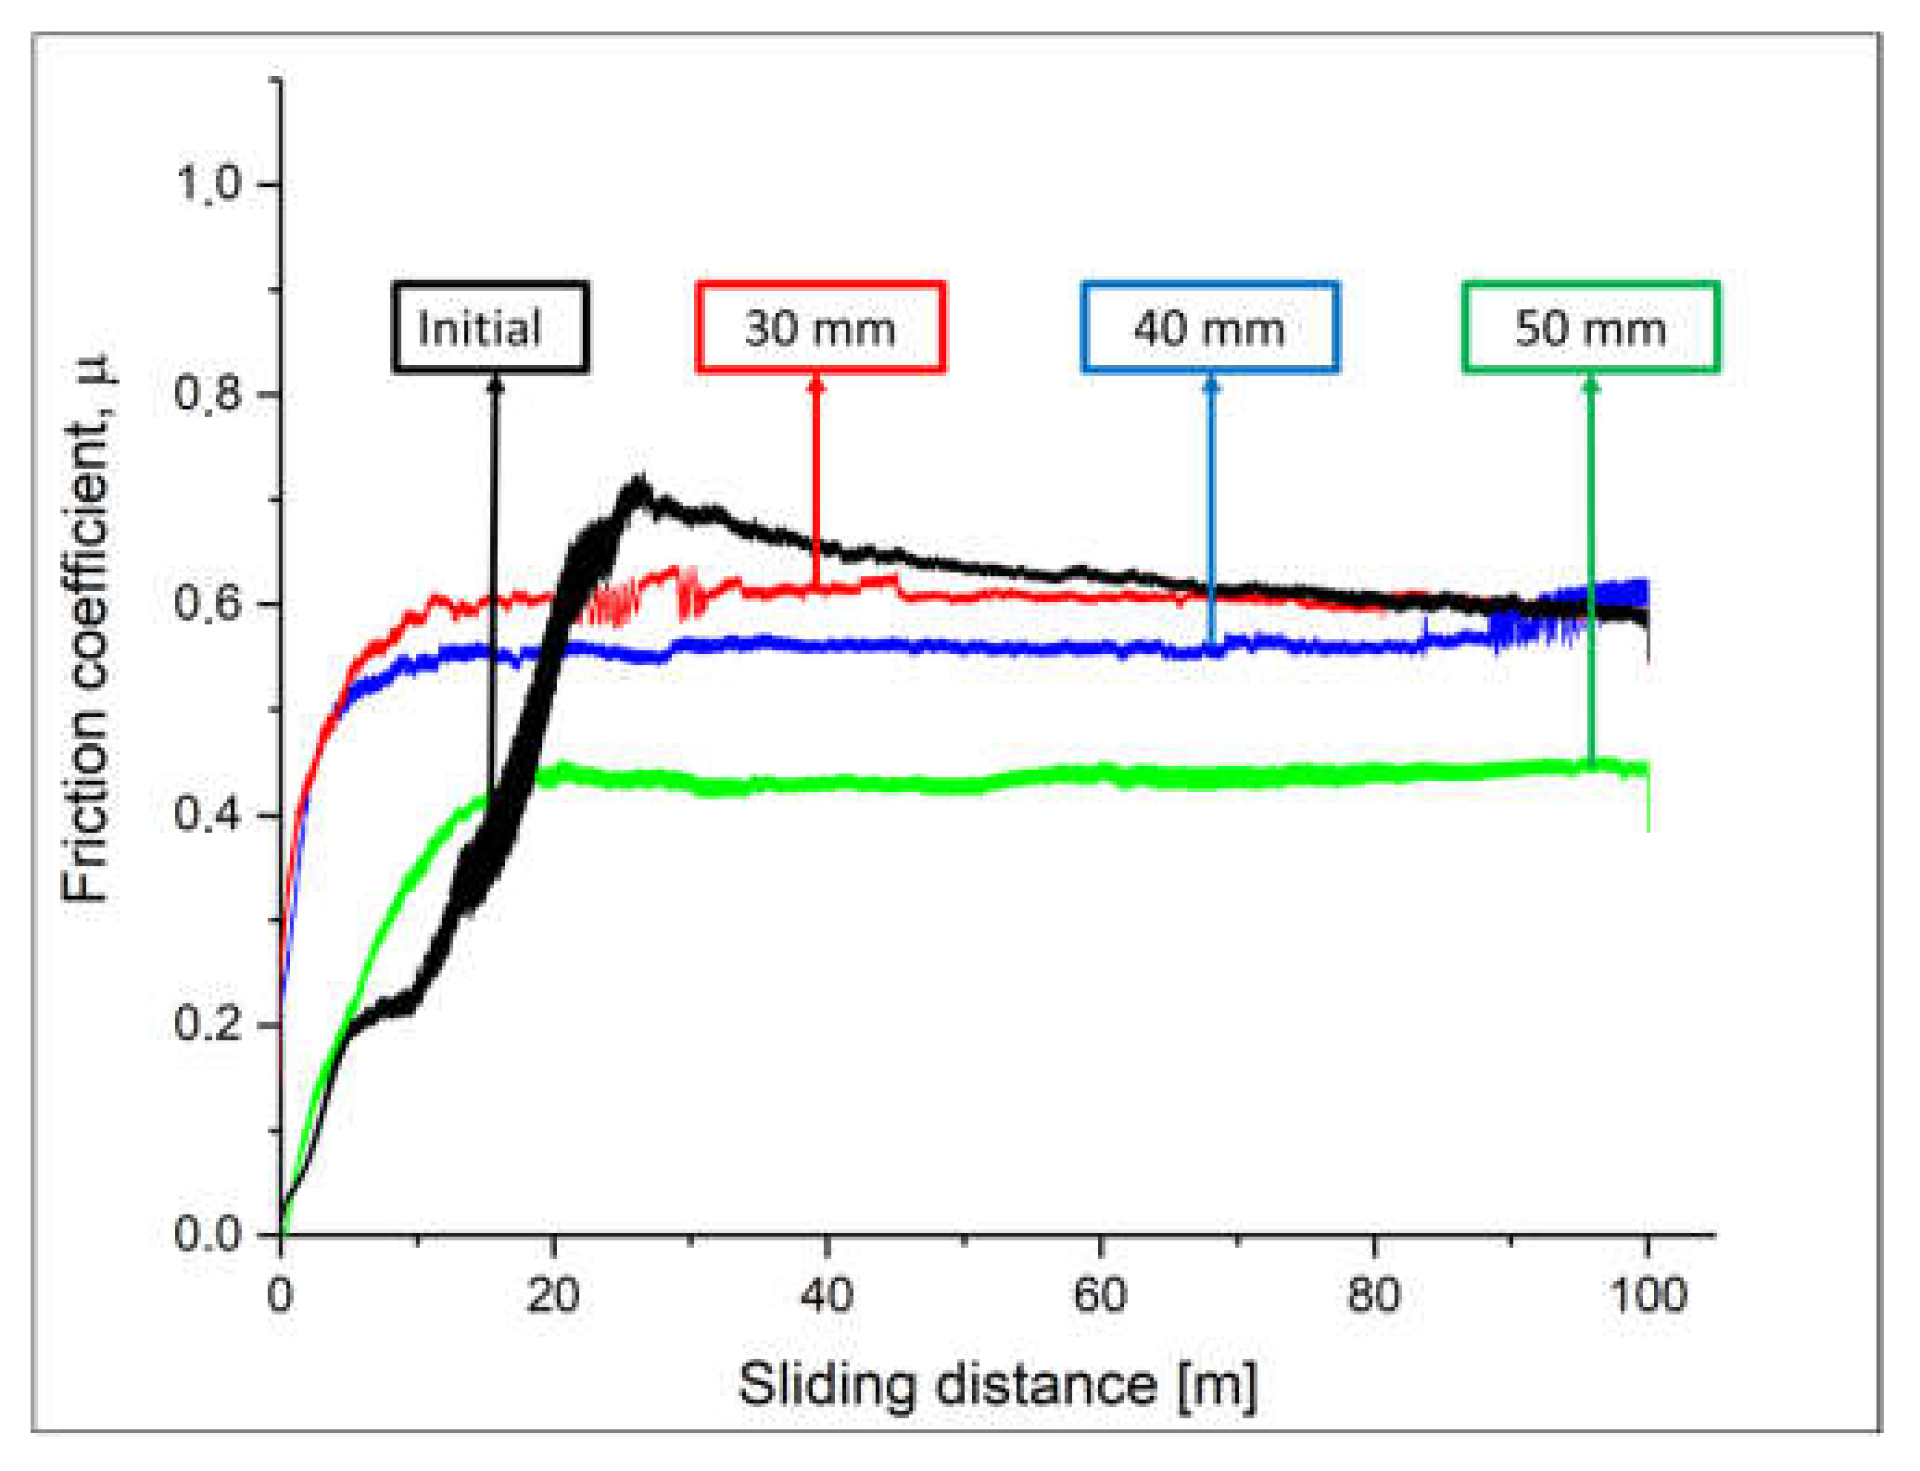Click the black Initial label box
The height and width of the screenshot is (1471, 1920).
tap(489, 327)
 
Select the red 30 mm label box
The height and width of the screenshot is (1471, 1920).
tap(820, 327)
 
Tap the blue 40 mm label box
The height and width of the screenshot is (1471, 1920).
tap(1209, 327)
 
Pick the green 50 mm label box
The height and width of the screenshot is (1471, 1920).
tap(1590, 327)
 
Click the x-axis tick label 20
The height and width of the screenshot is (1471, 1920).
tap(553, 1294)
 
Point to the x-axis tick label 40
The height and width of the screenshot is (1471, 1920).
tap(827, 1294)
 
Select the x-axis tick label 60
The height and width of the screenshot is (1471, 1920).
tap(1100, 1294)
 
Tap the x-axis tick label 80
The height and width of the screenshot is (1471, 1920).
tap(1373, 1294)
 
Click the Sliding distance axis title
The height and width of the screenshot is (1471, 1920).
tap(997, 1385)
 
